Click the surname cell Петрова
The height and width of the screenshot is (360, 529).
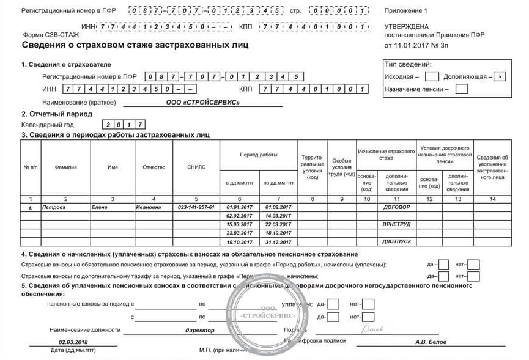click(54, 208)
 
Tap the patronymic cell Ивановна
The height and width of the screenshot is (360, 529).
click(149, 208)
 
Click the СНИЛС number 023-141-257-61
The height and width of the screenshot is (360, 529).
click(196, 208)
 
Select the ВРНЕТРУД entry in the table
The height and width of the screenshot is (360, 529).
click(396, 225)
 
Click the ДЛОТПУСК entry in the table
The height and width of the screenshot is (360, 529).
click(396, 242)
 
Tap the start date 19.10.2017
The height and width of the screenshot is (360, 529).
click(239, 242)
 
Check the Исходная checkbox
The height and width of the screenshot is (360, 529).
click(432, 77)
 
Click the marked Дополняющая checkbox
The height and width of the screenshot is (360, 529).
click(501, 77)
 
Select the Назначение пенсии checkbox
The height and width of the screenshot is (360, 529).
click(462, 89)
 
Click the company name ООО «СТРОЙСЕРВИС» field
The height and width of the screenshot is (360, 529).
click(212, 102)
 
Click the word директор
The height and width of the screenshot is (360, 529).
click(199, 330)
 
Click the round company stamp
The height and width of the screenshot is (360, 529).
click(268, 316)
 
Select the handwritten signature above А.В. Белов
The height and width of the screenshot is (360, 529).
click(372, 329)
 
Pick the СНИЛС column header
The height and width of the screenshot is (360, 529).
click(196, 167)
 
